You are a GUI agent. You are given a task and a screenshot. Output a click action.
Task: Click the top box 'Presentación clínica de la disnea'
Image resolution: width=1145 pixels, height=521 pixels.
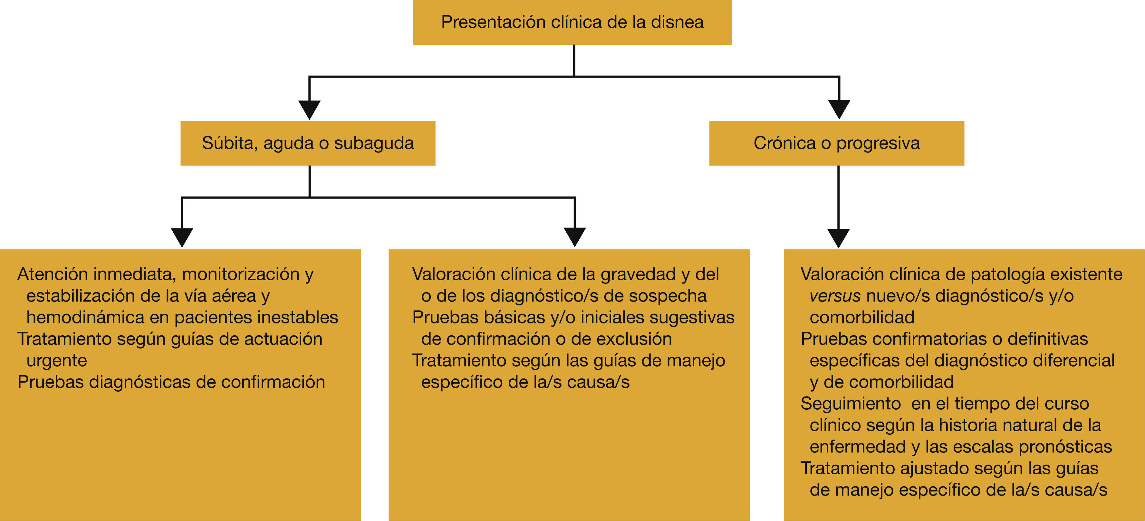pyautogui.click(x=572, y=22)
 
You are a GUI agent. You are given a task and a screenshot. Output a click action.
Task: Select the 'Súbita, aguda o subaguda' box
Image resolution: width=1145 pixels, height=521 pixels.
pyautogui.click(x=308, y=143)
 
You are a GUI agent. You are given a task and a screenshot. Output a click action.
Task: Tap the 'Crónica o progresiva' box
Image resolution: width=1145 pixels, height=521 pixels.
pyautogui.click(x=837, y=143)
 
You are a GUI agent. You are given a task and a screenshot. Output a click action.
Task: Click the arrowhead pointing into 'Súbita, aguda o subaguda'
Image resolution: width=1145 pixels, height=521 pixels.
pyautogui.click(x=309, y=109)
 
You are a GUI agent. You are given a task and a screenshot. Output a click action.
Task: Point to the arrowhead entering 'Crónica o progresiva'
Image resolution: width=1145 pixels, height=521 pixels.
pyautogui.click(x=839, y=109)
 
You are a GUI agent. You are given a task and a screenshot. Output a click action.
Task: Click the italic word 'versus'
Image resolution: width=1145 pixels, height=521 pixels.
pyautogui.click(x=835, y=296)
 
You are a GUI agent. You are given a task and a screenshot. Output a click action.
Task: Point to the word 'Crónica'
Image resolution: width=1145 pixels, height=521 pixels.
pyautogui.click(x=784, y=143)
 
